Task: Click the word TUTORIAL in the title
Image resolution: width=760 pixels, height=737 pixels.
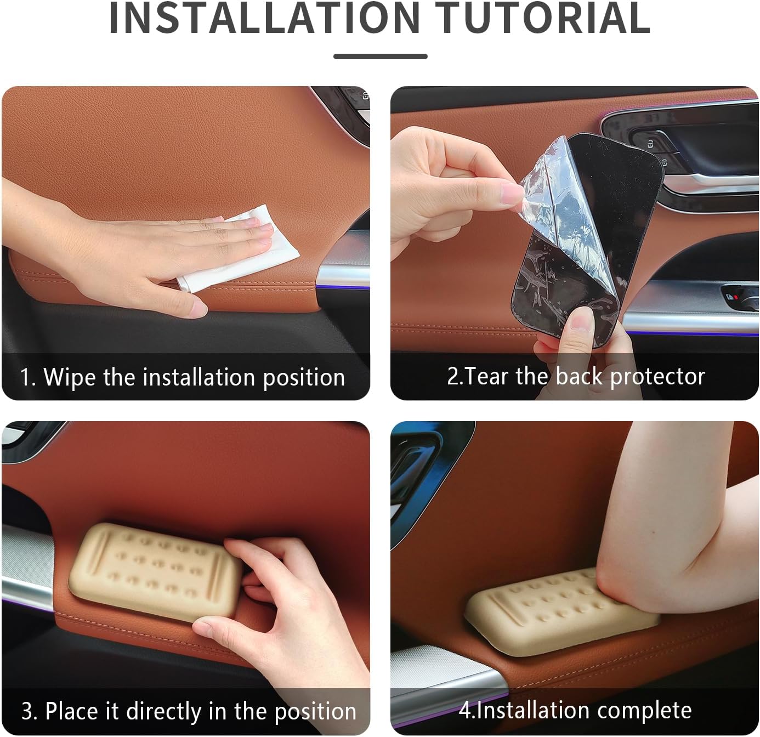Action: (x=542, y=18)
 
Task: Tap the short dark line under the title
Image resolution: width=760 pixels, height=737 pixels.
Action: (x=381, y=56)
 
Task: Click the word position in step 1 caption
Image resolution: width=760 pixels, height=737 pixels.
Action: (x=304, y=378)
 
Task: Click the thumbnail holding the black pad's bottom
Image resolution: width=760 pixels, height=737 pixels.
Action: (x=581, y=322)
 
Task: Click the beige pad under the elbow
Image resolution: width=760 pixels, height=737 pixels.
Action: (x=554, y=613)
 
